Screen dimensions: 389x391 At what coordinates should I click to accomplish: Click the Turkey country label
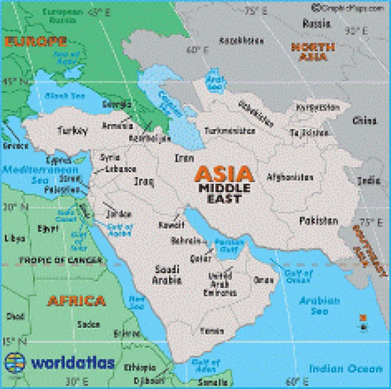coord(73,130)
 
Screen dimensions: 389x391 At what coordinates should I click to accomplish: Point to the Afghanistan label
coord(289,177)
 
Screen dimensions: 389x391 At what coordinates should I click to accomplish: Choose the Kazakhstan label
coord(242,40)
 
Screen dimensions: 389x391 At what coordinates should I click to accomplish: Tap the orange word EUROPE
coord(35,42)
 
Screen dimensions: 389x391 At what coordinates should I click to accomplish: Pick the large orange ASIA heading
coord(224,174)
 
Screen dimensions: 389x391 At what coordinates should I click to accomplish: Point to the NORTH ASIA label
coord(309,52)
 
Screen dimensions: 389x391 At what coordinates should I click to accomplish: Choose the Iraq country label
coord(143,181)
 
